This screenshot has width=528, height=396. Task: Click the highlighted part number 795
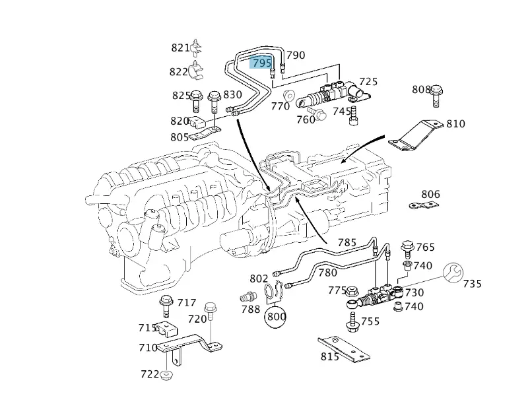(261, 63)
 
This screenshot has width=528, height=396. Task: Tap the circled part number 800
(277, 316)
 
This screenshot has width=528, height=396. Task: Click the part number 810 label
(455, 123)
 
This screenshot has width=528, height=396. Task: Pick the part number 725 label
(368, 81)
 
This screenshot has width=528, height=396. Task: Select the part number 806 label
(430, 195)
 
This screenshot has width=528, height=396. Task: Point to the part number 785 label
(347, 242)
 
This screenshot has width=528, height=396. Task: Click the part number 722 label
(150, 374)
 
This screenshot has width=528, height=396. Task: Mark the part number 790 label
(296, 55)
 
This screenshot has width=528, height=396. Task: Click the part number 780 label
(327, 272)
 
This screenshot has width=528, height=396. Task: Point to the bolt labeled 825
(196, 99)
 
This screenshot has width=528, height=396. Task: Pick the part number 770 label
(280, 106)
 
